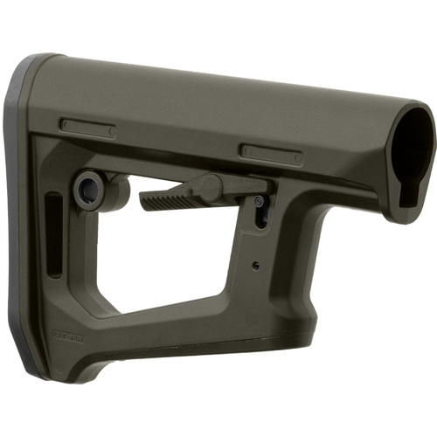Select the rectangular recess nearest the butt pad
coord(87,128)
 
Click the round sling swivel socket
coord(87,189)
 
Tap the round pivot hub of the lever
coord(209,186)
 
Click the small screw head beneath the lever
coord(260,202)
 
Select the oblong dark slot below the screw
coord(261,218)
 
